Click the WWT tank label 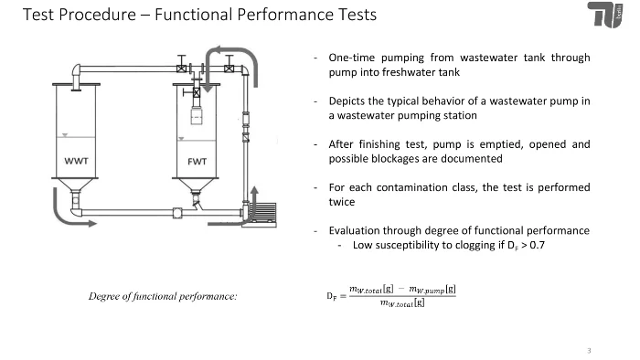click(x=76, y=161)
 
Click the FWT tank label click(x=197, y=162)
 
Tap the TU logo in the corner click(x=605, y=16)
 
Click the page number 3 click(x=589, y=350)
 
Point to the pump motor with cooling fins click(x=262, y=212)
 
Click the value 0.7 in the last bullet click(x=537, y=245)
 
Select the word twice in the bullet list click(x=342, y=202)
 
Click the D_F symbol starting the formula click(x=331, y=296)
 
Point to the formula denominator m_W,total click(x=402, y=303)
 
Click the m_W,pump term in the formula click(x=432, y=290)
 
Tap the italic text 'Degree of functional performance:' click(x=163, y=296)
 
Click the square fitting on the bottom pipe click(x=177, y=213)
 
